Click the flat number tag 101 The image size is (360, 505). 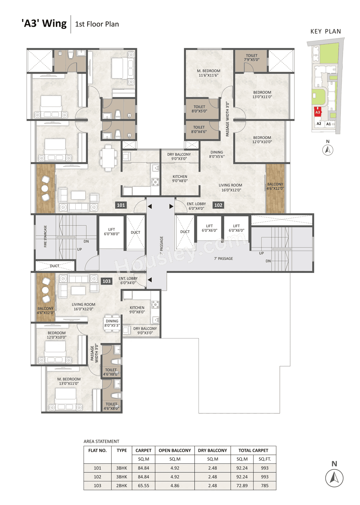pyautogui.click(x=121, y=205)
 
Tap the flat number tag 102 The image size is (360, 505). pyautogui.click(x=218, y=205)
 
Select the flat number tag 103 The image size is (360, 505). pyautogui.click(x=107, y=281)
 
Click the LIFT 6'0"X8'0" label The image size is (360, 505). pyautogui.click(x=112, y=232)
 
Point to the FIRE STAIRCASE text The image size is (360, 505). pyautogui.click(x=45, y=236)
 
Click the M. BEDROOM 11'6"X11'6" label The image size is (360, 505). pyautogui.click(x=208, y=73)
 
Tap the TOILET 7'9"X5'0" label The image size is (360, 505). pyautogui.click(x=251, y=58)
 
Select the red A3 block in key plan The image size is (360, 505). pyautogui.click(x=318, y=112)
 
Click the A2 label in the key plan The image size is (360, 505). pyautogui.click(x=319, y=124)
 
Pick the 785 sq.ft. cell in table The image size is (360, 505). pyautogui.click(x=265, y=486)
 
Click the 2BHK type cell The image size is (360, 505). pyautogui.click(x=121, y=486)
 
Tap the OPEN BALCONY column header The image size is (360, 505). pyautogui.click(x=175, y=450)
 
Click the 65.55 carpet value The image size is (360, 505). pyautogui.click(x=143, y=486)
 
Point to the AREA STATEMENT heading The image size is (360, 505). pyautogui.click(x=101, y=441)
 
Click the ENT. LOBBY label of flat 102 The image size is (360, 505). pyautogui.click(x=196, y=206)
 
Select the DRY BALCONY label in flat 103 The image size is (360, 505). pyautogui.click(x=145, y=331)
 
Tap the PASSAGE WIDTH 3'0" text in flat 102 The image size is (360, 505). pyautogui.click(x=227, y=119)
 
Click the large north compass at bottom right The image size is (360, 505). pyautogui.click(x=334, y=478)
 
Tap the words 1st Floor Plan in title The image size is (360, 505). pyautogui.click(x=97, y=24)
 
